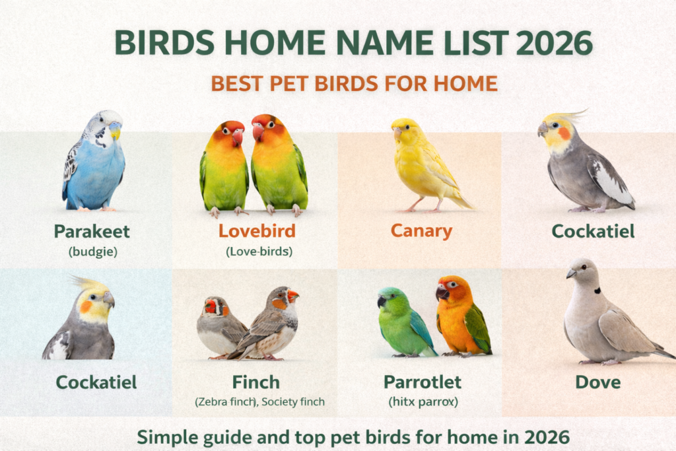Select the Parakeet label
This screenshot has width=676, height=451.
[92, 231]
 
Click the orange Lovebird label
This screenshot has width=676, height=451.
[257, 231]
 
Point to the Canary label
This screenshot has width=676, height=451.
[421, 231]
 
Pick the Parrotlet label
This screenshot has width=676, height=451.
[422, 382]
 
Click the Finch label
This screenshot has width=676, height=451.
[256, 382]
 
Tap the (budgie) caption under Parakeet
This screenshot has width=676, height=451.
[92, 251]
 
